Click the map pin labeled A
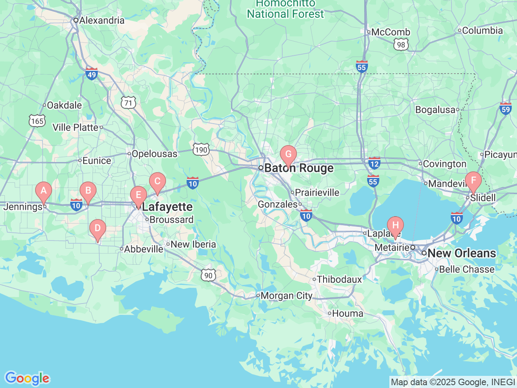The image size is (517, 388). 44,191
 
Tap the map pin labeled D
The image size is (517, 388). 97,228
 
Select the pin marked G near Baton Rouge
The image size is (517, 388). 288,154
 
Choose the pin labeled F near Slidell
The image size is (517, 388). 473,181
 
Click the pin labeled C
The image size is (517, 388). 158,181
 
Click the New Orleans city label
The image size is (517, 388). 461,253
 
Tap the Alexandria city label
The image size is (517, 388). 102,20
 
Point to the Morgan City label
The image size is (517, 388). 286,296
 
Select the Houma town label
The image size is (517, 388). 347,314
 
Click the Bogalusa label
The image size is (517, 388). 435,110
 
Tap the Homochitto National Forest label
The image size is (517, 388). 285,9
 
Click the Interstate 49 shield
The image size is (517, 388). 92,74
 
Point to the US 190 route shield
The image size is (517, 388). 201,150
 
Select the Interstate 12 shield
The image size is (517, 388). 374,164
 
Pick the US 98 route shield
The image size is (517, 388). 401,44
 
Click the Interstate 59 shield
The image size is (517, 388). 506,108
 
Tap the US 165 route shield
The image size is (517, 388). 37,121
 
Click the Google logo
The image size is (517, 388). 27,378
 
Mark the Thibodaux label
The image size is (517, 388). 339,279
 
